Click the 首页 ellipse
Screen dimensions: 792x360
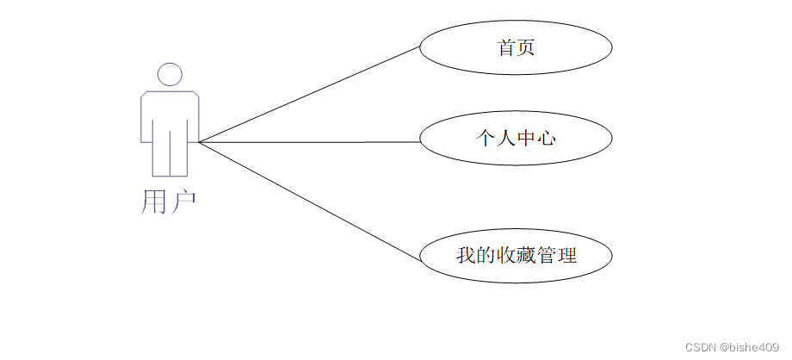[x=516, y=48]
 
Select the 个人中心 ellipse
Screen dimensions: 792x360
[x=516, y=138]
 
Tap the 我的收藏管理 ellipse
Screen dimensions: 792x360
[x=516, y=256]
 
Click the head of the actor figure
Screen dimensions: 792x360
[x=170, y=74]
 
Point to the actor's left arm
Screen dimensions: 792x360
[x=146, y=116]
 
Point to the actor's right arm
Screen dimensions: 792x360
[x=194, y=116]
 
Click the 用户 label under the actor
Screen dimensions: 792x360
[x=169, y=202]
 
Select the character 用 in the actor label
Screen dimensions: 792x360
[x=153, y=202]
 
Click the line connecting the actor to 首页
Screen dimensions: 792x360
[x=310, y=94]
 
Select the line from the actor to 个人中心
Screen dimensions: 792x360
[x=310, y=142]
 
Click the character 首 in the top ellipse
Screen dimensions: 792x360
[x=506, y=48]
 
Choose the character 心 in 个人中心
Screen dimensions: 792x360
[x=546, y=138]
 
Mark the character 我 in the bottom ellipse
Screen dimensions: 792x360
[x=466, y=256]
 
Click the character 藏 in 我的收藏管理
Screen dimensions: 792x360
[x=526, y=256]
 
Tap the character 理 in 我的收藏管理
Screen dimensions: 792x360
[x=566, y=256]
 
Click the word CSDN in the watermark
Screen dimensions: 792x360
[x=701, y=346]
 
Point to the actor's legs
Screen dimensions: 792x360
[x=170, y=155]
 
